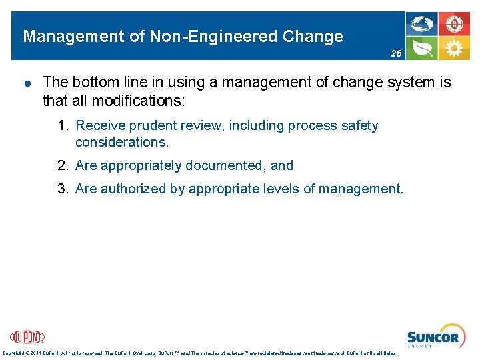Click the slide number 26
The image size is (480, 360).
tap(396, 52)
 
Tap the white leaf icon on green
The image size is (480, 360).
tap(423, 48)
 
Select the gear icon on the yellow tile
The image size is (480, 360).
tap(455, 48)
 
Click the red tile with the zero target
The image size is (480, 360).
tap(455, 24)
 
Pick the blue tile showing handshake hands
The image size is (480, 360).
tap(423, 24)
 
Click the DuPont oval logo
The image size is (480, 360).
tap(27, 337)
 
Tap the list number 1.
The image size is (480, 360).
tap(63, 126)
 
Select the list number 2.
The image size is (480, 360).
tap(63, 166)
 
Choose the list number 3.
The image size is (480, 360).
tap(63, 189)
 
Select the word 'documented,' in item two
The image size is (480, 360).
tap(227, 166)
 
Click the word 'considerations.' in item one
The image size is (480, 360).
tap(122, 142)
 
